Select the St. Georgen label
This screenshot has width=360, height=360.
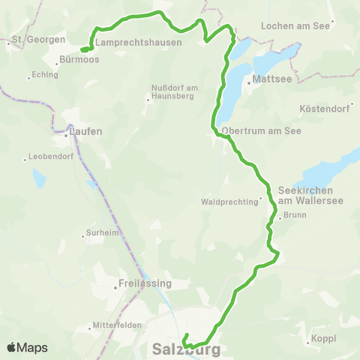30,37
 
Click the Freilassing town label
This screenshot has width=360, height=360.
145,284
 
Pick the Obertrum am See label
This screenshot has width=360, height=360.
256,129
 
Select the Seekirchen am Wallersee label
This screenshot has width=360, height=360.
300,194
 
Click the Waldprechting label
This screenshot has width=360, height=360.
229,202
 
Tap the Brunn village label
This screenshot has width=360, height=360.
293,217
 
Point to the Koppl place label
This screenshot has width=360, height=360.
323,339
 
